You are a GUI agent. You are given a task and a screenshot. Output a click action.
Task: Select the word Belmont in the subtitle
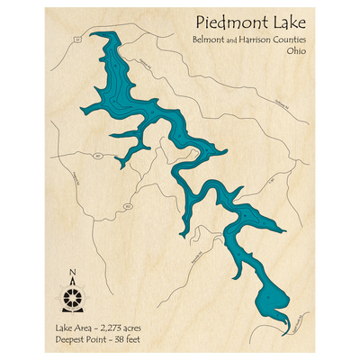tap(209, 40)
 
